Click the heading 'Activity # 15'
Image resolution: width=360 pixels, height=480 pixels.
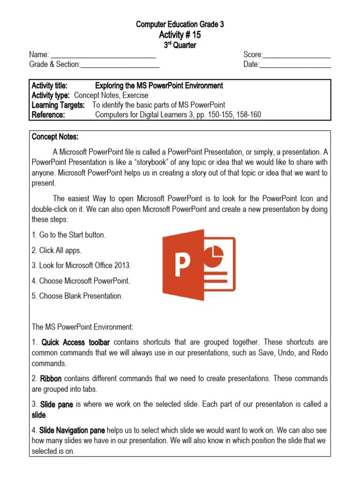[x=180, y=35]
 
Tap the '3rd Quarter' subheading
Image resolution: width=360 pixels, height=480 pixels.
[x=180, y=45]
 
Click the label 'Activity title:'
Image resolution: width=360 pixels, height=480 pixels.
[x=50, y=86]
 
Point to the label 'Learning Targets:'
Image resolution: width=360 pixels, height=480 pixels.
[x=58, y=105]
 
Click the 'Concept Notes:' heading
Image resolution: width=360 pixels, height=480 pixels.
[x=55, y=137]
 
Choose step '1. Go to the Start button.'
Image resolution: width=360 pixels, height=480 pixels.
[x=68, y=235]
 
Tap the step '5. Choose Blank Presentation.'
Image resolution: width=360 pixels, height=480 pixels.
[x=77, y=296]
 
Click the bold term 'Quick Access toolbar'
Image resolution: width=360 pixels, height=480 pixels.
[x=76, y=342]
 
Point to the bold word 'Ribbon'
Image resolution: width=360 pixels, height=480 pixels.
[x=51, y=379]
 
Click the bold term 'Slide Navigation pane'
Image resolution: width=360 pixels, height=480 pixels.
[x=72, y=430]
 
